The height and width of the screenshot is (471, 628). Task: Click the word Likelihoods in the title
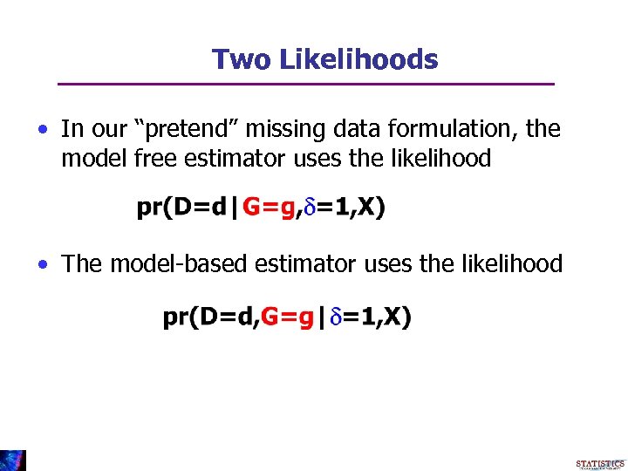point(358,59)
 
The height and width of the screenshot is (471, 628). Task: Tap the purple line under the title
point(305,84)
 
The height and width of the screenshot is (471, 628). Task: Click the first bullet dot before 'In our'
point(43,131)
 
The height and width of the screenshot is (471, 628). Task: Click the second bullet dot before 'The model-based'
point(43,264)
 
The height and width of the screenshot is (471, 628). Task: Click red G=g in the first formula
point(269,208)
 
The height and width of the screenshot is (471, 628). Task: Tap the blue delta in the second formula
point(336,317)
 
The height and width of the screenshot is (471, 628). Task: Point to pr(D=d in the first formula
point(179,208)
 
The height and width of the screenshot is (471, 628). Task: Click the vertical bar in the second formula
point(322,317)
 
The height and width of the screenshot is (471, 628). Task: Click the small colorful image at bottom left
point(13,461)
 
